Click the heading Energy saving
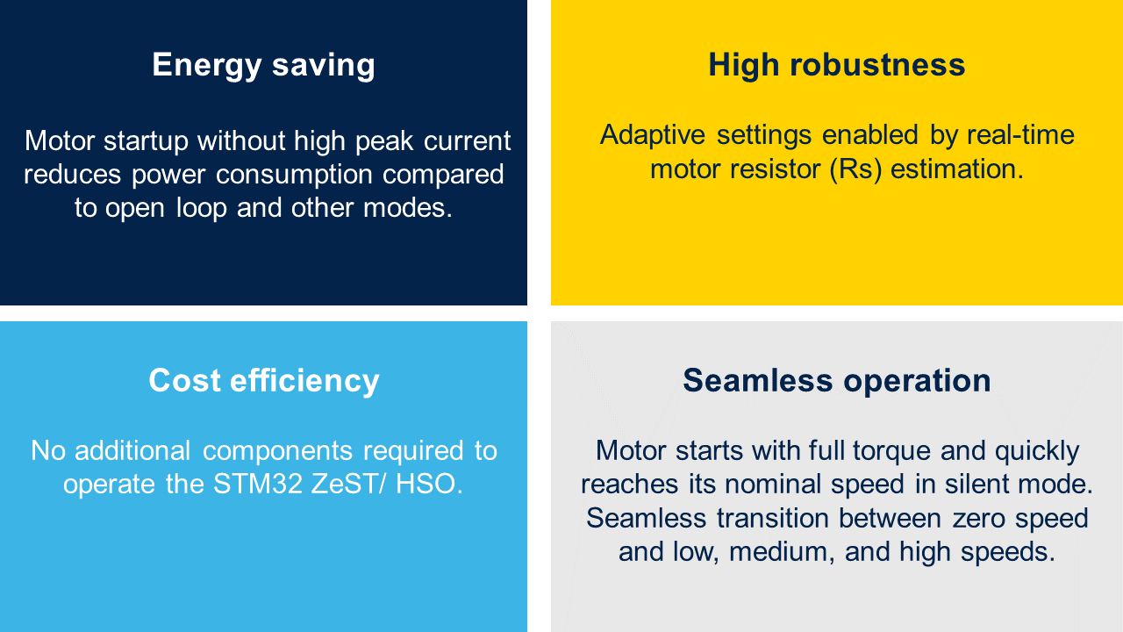[x=264, y=65]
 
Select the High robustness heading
[x=837, y=65]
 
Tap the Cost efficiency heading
[x=264, y=381]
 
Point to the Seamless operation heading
[x=837, y=381]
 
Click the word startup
[x=146, y=141]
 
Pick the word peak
[x=384, y=141]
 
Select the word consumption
[x=294, y=175]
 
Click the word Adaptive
[x=652, y=136]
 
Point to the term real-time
[x=1020, y=135]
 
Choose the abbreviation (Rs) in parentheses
[x=855, y=169]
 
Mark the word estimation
[x=956, y=169]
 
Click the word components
[x=277, y=451]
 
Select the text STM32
[x=258, y=485]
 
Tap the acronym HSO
[x=428, y=485]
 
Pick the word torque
[x=891, y=451]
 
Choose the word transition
[x=773, y=519]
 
